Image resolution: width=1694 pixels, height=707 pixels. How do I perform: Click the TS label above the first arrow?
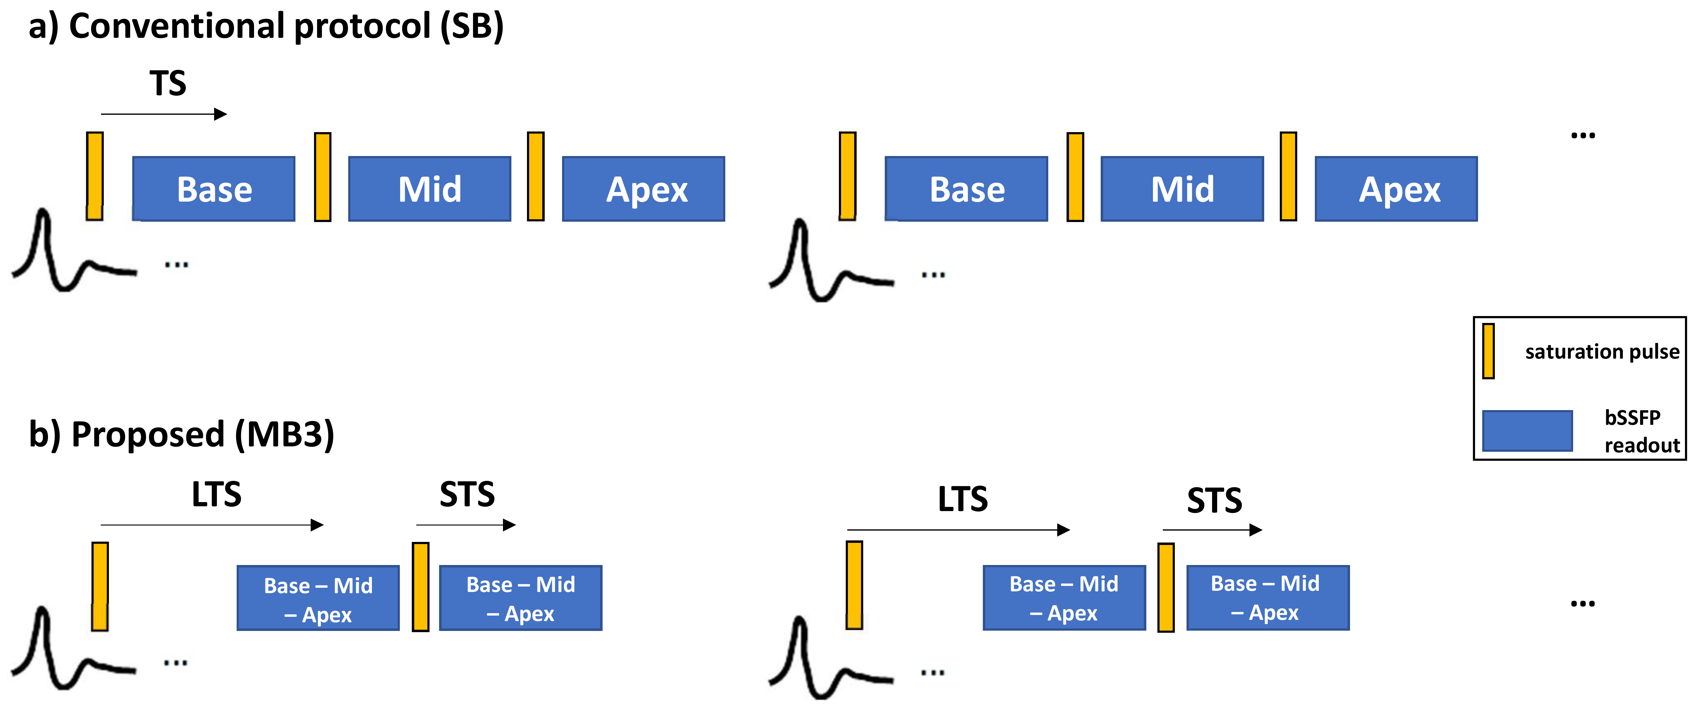tap(168, 84)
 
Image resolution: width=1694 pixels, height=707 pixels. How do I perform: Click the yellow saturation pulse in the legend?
tap(1488, 351)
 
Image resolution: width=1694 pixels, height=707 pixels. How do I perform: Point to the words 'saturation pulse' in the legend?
tap(1602, 351)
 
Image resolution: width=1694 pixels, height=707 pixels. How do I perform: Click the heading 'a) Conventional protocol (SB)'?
tap(266, 26)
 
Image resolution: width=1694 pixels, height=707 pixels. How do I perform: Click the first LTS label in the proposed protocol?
tap(216, 494)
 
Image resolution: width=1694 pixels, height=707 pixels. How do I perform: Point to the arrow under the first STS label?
tap(465, 525)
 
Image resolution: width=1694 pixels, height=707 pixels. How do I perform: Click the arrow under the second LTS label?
tap(958, 530)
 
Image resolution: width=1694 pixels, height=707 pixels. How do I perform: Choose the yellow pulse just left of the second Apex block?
tap(1288, 176)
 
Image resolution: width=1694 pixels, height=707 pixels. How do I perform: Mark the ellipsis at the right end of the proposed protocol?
tap(1582, 603)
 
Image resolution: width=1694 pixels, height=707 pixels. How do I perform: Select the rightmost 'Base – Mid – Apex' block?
tap(1267, 598)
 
